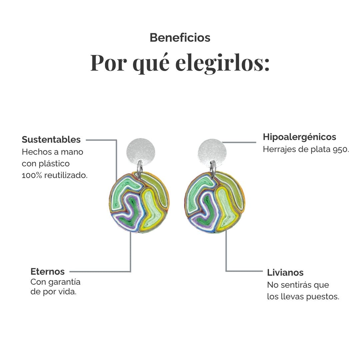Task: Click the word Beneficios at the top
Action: [180, 38]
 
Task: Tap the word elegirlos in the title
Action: [222, 63]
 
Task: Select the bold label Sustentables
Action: [51, 140]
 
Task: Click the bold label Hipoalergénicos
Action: [299, 137]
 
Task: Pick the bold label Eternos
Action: [48, 271]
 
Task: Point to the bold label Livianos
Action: [285, 273]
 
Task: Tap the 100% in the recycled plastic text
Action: [32, 175]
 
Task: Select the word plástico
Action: [54, 164]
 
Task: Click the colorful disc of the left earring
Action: [139, 203]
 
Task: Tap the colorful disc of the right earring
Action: [214, 202]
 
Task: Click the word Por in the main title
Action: [109, 63]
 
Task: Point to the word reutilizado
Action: [66, 175]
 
